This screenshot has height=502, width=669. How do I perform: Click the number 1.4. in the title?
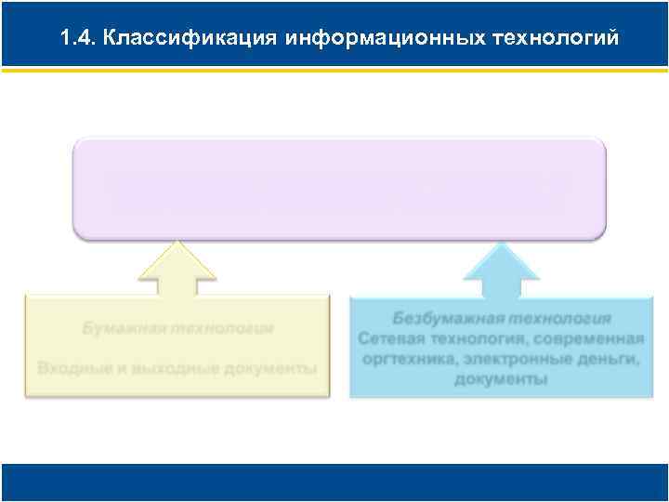click(76, 38)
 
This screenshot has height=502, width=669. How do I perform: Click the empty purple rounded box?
click(339, 188)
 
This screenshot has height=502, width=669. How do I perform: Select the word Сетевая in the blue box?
click(391, 337)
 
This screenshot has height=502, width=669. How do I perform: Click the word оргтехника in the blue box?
click(405, 359)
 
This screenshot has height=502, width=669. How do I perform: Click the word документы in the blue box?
click(501, 379)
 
